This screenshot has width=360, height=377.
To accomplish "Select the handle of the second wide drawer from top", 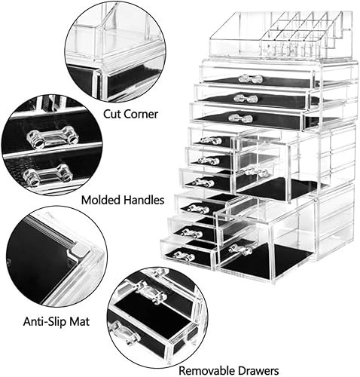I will tap(244, 98).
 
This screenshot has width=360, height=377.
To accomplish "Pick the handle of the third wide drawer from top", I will tap(240, 118).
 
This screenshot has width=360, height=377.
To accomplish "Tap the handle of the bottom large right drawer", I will tap(241, 249).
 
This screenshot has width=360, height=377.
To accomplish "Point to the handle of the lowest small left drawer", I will tap(183, 256).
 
